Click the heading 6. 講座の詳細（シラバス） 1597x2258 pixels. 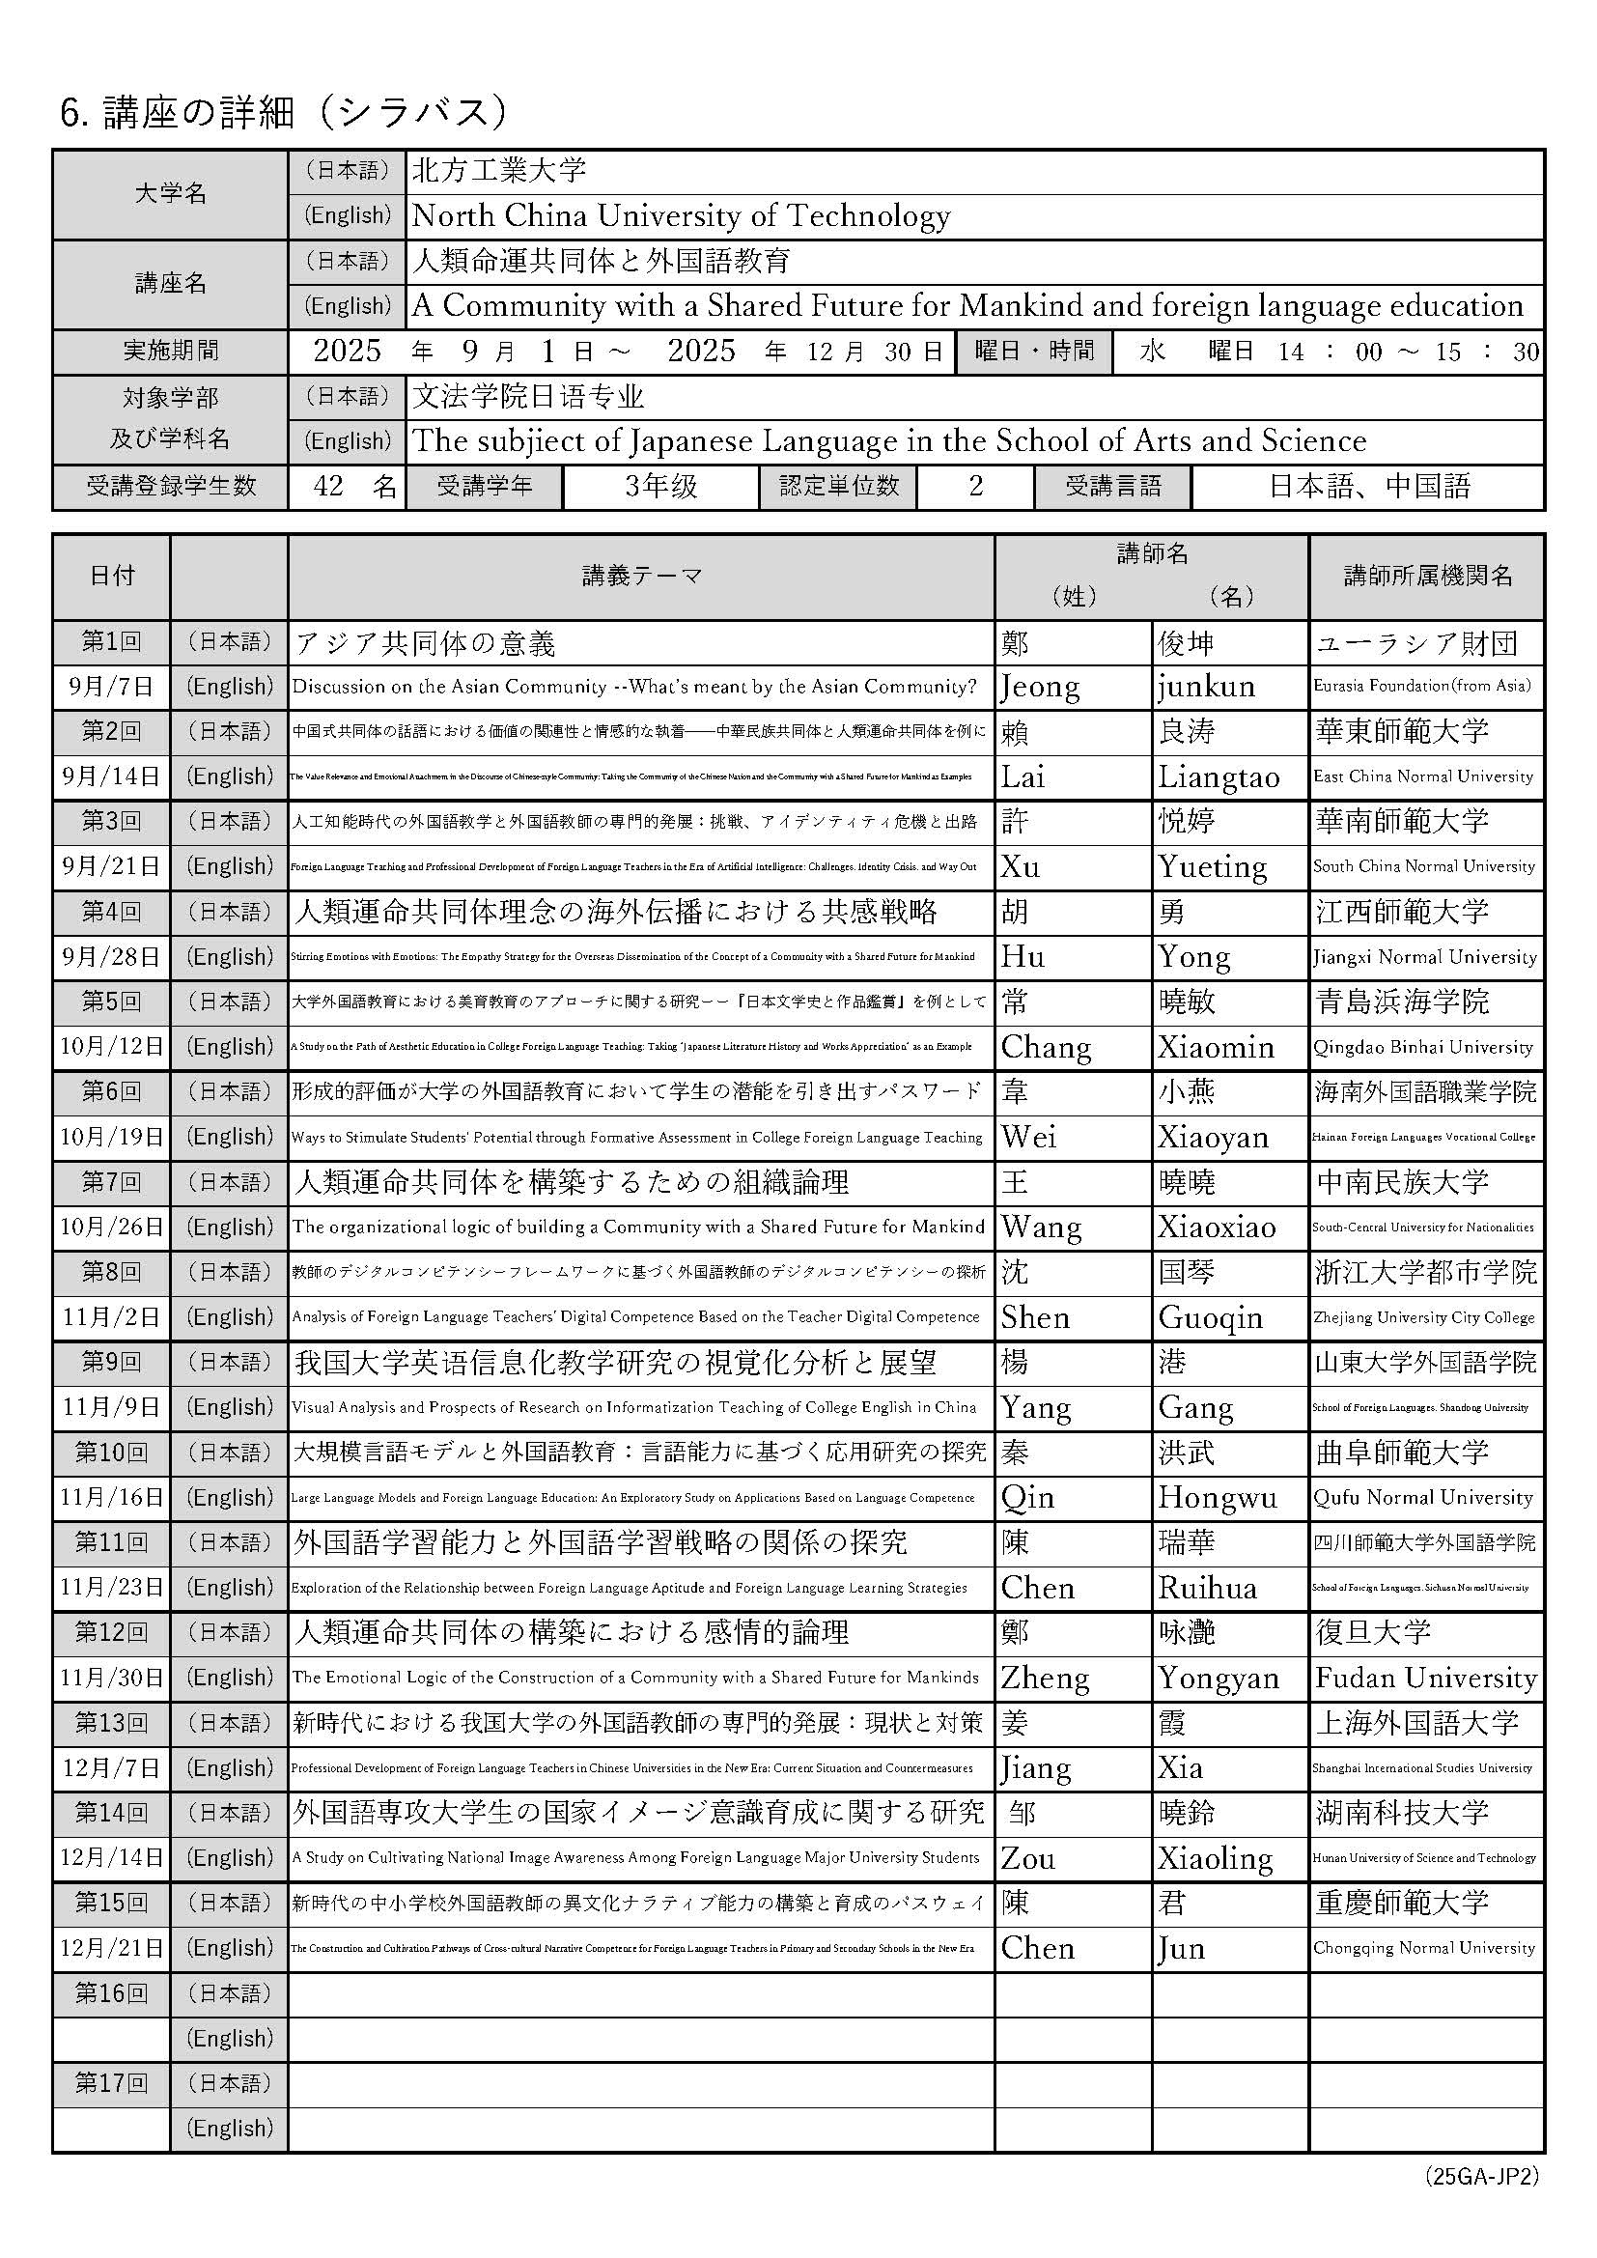pyautogui.click(x=285, y=114)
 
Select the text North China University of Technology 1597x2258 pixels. pyautogui.click(x=681, y=216)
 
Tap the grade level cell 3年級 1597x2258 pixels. pyautogui.click(x=660, y=486)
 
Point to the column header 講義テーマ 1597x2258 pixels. pyautogui.click(x=641, y=577)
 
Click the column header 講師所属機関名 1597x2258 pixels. pyautogui.click(x=1427, y=577)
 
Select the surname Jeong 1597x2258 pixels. pyautogui.click(x=1040, y=687)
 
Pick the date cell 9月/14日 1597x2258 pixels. pyautogui.click(x=110, y=776)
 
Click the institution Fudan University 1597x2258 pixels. pyautogui.click(x=1426, y=1678)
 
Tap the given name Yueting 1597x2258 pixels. pyautogui.click(x=1213, y=866)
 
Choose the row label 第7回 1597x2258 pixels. pyautogui.click(x=110, y=1181)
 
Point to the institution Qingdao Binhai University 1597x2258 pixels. pyautogui.click(x=1423, y=1046)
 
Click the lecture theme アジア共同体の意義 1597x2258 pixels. pyautogui.click(x=426, y=643)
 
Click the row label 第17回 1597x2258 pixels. pyautogui.click(x=110, y=2083)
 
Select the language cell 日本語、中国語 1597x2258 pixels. pyautogui.click(x=1369, y=486)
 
